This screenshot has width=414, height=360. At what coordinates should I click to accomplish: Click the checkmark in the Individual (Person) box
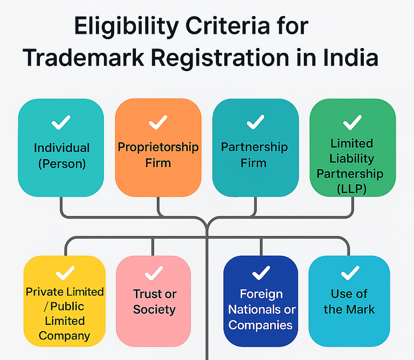(x=61, y=123)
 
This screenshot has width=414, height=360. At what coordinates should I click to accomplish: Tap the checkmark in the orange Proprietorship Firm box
(x=158, y=123)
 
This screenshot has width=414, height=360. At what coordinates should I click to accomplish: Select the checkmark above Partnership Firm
(x=255, y=123)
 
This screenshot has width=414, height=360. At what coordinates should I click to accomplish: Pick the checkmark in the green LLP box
(x=352, y=123)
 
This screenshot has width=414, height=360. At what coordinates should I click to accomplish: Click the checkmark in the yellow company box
(x=65, y=273)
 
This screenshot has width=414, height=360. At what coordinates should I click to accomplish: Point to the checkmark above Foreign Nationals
(x=261, y=273)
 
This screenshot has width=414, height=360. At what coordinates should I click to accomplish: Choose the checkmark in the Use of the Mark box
(x=349, y=273)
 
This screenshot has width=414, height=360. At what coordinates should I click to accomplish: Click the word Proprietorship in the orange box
(x=158, y=147)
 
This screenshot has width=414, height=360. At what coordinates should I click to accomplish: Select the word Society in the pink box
(x=154, y=309)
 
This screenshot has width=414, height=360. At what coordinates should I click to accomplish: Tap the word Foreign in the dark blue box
(x=261, y=294)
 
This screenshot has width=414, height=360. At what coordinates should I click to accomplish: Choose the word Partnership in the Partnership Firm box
(x=254, y=147)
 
